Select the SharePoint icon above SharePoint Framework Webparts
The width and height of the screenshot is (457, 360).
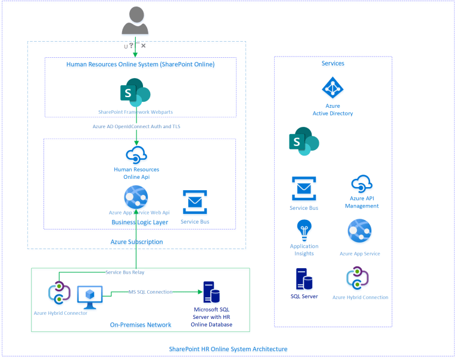click(x=135, y=93)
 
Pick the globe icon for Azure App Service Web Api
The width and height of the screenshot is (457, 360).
click(x=136, y=197)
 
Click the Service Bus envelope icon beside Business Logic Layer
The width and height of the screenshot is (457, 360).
click(x=194, y=202)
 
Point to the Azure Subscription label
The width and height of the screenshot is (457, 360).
click(x=136, y=241)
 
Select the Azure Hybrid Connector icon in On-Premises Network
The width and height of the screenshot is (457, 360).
click(x=59, y=293)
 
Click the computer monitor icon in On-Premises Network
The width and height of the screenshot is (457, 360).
click(x=89, y=295)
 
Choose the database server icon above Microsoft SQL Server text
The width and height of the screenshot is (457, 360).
click(x=210, y=293)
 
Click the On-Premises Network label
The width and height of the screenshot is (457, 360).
click(x=141, y=325)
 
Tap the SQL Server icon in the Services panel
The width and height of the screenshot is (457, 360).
click(x=304, y=278)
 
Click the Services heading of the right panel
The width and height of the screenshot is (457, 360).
click(x=332, y=63)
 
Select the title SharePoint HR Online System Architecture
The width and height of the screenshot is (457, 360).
click(x=228, y=349)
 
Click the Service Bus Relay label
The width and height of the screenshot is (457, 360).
click(x=125, y=272)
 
